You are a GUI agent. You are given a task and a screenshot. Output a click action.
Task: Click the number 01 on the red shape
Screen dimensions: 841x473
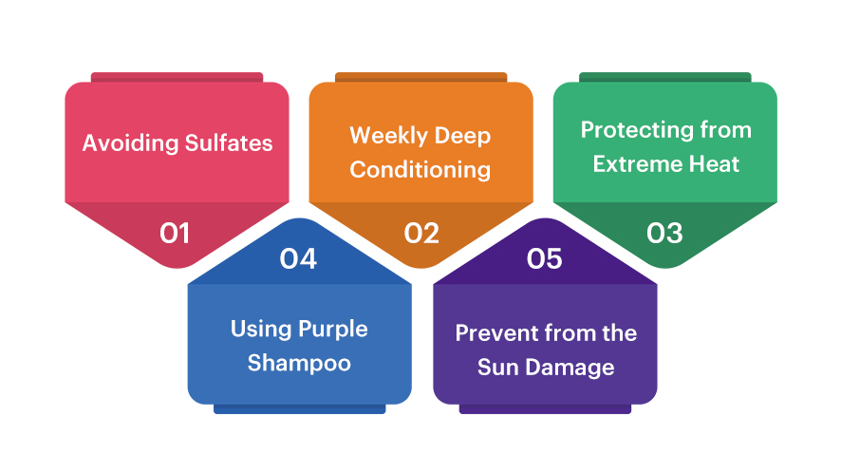[175, 234]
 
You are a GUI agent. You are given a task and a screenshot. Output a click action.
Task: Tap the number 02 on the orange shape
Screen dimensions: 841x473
[421, 234]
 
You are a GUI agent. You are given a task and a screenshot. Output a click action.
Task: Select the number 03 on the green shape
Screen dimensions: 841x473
[664, 234]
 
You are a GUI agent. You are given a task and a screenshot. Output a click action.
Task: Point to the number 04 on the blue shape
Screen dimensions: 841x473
[298, 258]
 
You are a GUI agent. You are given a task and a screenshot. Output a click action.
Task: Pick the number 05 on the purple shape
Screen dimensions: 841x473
[545, 258]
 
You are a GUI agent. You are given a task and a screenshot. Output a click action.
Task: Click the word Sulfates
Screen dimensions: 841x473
[229, 143]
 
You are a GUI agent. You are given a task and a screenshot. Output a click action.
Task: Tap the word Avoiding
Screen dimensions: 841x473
[130, 143]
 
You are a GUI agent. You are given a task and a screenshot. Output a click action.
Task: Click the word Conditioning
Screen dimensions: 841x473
[420, 170]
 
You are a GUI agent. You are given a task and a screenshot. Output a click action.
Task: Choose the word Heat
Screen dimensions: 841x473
[714, 163]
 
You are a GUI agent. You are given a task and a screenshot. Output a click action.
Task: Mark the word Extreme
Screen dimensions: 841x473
[637, 163]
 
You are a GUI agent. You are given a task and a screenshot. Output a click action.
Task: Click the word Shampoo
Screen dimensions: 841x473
[299, 364]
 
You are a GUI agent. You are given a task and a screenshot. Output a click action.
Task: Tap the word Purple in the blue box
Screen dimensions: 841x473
[333, 330]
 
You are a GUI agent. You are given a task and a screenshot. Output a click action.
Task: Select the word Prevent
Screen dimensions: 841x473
[496, 333]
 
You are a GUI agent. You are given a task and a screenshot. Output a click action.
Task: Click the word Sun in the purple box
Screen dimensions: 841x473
[498, 368]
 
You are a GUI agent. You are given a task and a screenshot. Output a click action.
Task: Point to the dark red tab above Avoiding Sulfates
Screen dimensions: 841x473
[177, 77]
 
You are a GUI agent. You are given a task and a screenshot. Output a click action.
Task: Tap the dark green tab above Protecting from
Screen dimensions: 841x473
[665, 77]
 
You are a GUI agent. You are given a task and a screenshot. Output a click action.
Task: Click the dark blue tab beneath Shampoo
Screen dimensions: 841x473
[299, 409]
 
